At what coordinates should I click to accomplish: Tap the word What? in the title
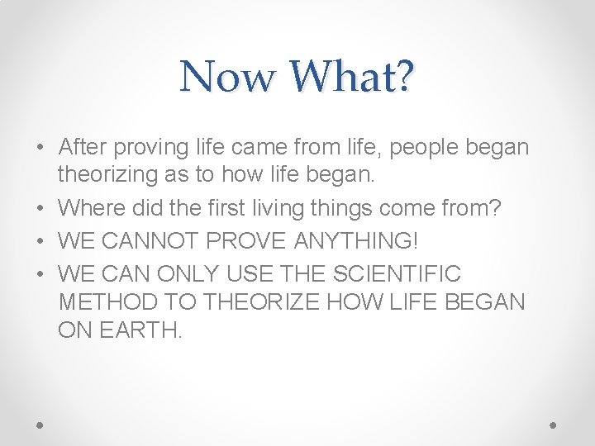(x=350, y=77)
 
